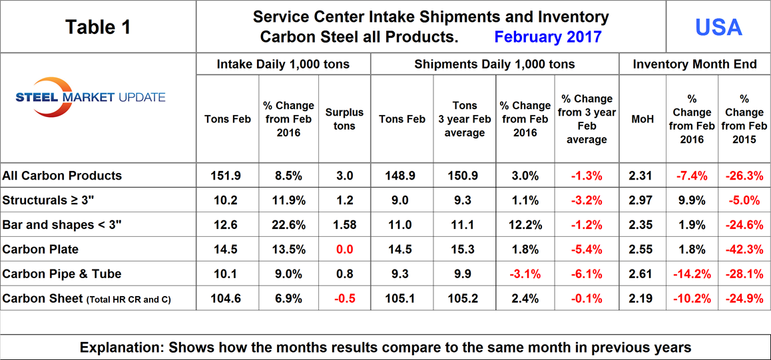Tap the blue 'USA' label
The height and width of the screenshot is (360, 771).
(718, 27)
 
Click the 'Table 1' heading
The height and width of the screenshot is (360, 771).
(98, 27)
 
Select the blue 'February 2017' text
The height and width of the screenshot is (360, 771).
(548, 37)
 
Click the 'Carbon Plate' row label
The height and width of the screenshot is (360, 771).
(41, 250)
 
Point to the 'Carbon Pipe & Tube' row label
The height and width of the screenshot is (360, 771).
(62, 274)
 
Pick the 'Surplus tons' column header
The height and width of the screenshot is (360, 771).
(344, 119)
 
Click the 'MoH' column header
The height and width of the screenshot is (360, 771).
(642, 119)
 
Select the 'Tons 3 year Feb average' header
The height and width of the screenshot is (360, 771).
(465, 119)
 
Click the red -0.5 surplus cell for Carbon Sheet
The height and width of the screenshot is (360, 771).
(344, 299)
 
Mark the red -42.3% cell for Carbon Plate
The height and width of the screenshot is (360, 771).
(744, 250)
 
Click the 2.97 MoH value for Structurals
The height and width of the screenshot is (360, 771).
(642, 200)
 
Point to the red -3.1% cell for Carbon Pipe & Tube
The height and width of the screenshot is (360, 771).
(525, 274)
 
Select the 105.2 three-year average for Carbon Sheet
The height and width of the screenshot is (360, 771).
(465, 299)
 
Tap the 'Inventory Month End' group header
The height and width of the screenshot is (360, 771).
(694, 65)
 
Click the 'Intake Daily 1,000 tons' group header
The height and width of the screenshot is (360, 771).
(283, 65)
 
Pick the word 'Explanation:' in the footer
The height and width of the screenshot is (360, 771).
(121, 347)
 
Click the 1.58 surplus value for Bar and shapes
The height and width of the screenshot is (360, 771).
(344, 225)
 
